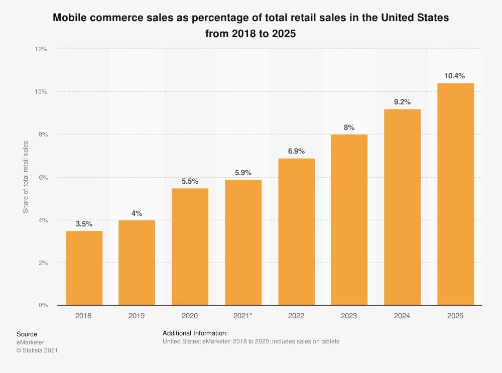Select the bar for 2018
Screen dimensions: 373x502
click(x=84, y=268)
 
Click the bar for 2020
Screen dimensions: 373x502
click(x=190, y=246)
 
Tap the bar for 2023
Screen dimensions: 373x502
click(x=349, y=220)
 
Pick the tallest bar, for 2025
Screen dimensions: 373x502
click(x=455, y=194)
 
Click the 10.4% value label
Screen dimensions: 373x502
click(x=454, y=76)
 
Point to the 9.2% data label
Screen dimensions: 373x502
click(x=402, y=102)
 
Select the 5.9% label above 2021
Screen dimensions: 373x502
click(x=243, y=173)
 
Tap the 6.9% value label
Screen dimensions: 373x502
click(x=296, y=151)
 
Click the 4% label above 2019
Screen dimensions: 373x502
click(x=137, y=213)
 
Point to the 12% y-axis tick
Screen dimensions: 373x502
click(x=41, y=49)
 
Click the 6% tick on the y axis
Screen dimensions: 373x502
click(x=43, y=177)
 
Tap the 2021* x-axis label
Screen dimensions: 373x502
click(x=243, y=316)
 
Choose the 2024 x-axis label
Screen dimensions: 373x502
click(x=402, y=316)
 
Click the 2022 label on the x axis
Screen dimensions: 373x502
click(x=296, y=316)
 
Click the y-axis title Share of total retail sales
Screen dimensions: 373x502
click(x=26, y=177)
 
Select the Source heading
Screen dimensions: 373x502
click(x=27, y=334)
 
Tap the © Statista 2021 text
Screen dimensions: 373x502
click(x=37, y=350)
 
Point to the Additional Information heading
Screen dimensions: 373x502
click(x=195, y=333)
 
